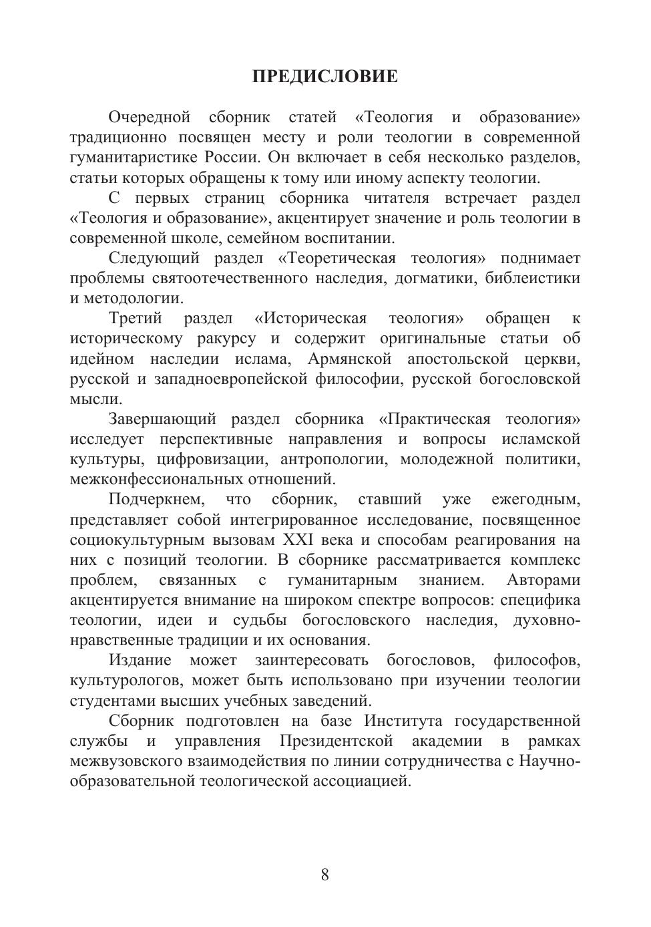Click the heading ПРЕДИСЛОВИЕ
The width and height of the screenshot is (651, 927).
pyautogui.click(x=325, y=76)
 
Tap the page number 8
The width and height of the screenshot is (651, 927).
pyautogui.click(x=325, y=875)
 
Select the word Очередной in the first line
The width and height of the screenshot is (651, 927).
pyautogui.click(x=150, y=118)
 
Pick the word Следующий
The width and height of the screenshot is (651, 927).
pyautogui.click(x=154, y=258)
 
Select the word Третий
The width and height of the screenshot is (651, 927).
pyautogui.click(x=135, y=319)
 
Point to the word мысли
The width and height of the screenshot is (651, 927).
pyautogui.click(x=95, y=399)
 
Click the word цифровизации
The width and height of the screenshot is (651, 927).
pyautogui.click(x=212, y=459)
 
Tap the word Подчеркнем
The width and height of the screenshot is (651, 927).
pyautogui.click(x=156, y=500)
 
